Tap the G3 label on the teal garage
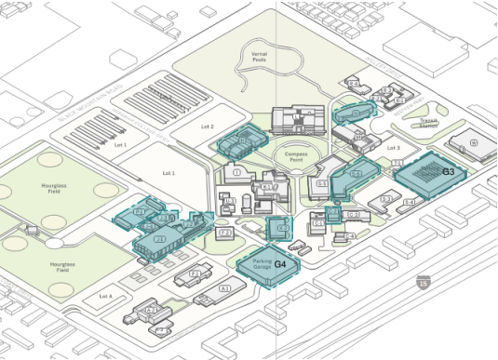(448, 172)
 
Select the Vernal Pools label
(260, 58)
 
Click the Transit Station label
(428, 121)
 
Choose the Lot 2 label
(206, 127)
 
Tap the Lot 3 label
(392, 148)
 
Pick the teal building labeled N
(355, 116)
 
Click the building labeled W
(473, 143)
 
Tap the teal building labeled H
(240, 141)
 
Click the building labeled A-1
(223, 289)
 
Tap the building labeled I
(238, 173)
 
